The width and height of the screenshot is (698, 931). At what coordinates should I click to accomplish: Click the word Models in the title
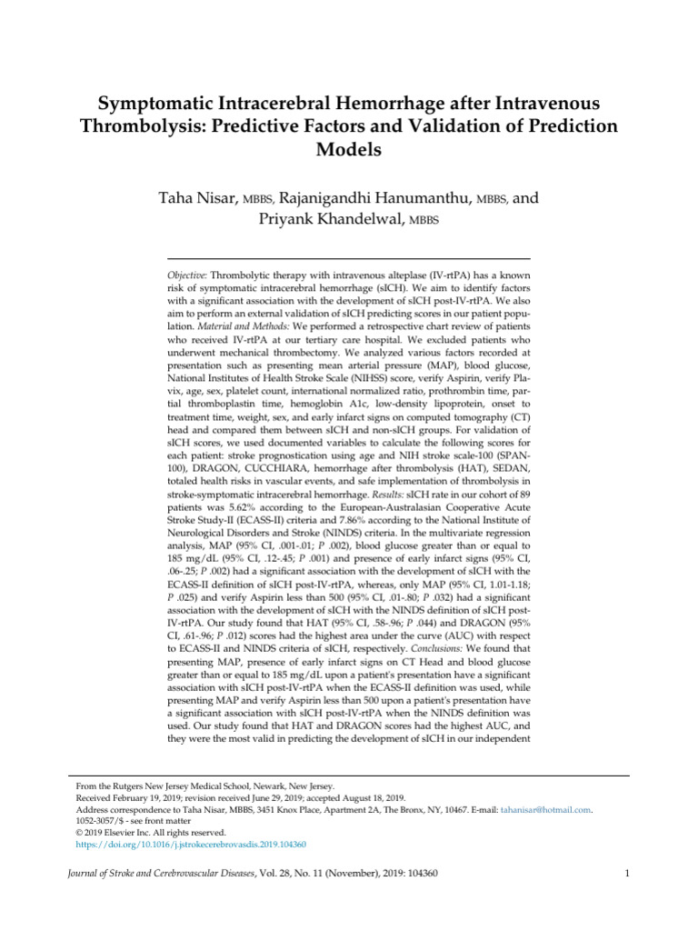coord(348,149)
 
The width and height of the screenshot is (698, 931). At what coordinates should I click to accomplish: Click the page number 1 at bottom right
coord(627,875)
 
